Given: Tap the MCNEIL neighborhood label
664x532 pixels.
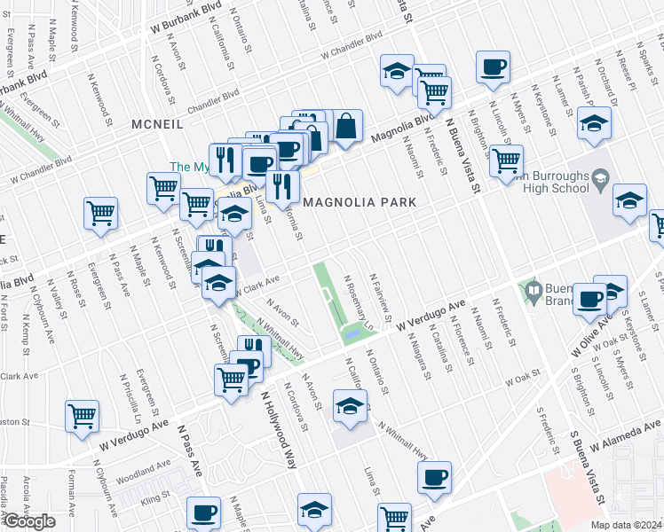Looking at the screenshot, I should pyautogui.click(x=158, y=124).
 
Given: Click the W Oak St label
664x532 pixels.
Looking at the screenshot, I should pyautogui.click(x=523, y=379).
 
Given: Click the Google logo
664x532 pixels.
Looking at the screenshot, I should pyautogui.click(x=29, y=521).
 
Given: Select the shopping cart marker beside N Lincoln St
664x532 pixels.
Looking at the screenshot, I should pyautogui.click(x=506, y=160).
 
